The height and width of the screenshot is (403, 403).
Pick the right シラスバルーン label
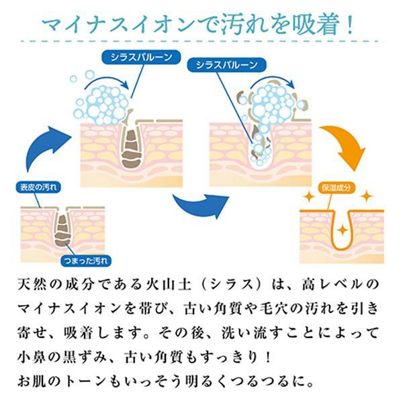click(224, 65)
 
